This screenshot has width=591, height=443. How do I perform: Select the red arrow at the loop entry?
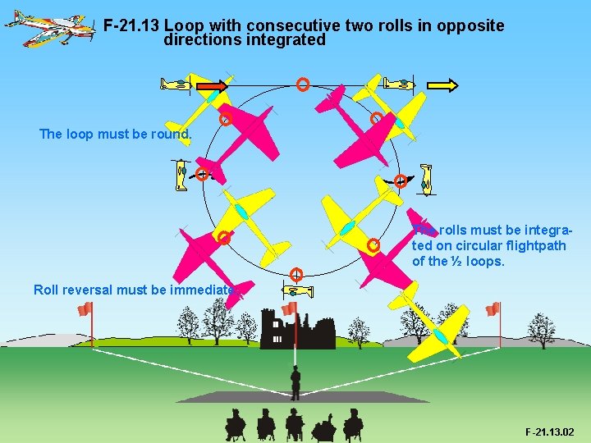point(211,84)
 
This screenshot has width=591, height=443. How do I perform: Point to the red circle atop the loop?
point(303,84)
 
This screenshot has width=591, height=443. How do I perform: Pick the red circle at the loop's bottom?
point(296,274)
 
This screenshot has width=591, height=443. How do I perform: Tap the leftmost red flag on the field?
point(85,309)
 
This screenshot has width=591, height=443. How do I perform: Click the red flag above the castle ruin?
point(289,308)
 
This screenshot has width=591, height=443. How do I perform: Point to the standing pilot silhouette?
point(295,382)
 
